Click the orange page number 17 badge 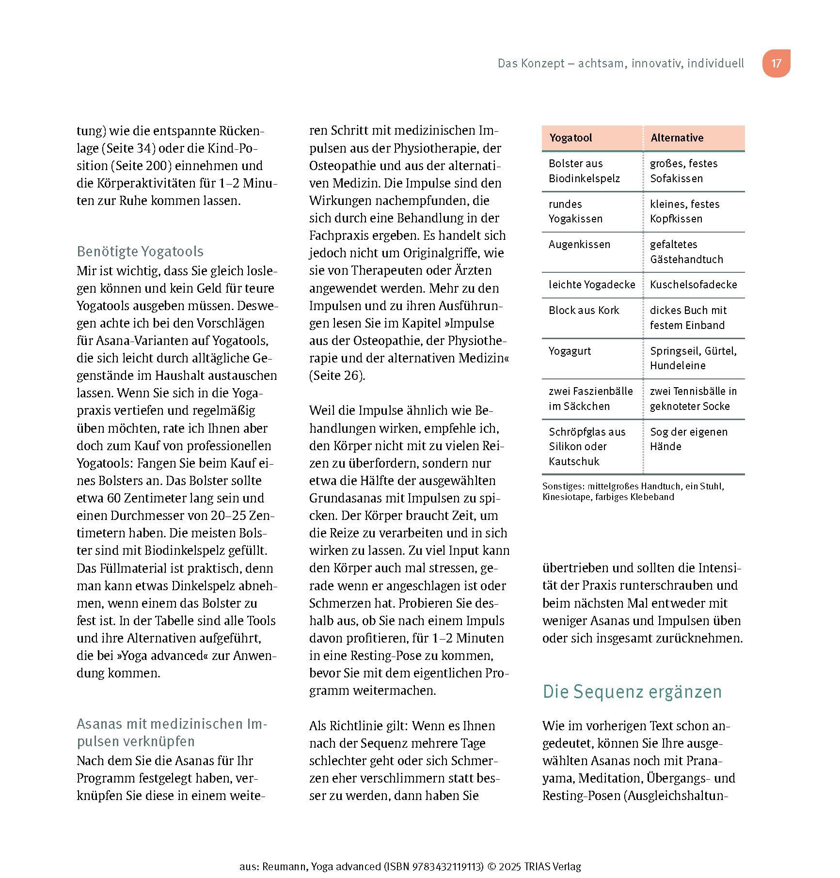pos(776,63)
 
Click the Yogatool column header pos(571,138)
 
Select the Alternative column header pos(677,138)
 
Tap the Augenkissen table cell pos(579,244)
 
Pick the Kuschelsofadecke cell pos(693,284)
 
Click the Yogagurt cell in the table pos(570,351)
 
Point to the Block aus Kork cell pos(584,310)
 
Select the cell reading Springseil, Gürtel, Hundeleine pos(693,358)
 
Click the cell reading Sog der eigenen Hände pos(688,439)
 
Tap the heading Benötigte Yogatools pos(140,251)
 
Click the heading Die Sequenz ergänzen pos(632,691)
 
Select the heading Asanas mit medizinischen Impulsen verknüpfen pos(172,733)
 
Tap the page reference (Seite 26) pos(336,376)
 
